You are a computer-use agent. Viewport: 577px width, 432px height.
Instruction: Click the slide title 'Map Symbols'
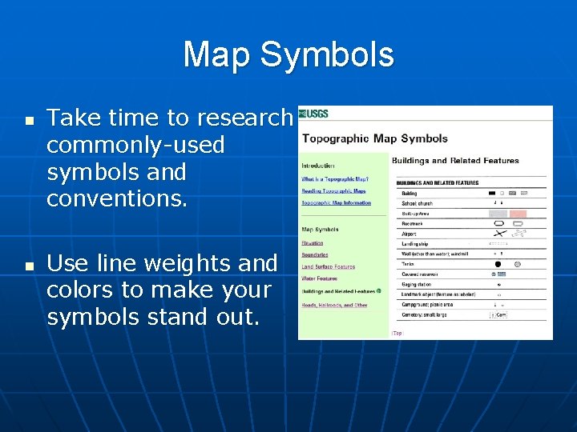click(288, 55)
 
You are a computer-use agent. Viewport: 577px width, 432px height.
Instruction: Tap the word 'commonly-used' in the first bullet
click(135, 146)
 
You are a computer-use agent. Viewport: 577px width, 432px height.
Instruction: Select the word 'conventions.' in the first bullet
click(116, 198)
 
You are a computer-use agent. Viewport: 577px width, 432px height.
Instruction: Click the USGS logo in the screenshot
click(315, 114)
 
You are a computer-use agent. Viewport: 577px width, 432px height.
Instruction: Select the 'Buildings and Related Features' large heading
click(455, 161)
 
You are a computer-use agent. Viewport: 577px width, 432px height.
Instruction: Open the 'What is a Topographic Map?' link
click(335, 179)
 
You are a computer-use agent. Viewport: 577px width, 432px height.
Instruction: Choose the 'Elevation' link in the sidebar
click(313, 242)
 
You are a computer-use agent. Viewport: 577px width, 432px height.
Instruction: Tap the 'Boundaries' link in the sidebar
click(316, 254)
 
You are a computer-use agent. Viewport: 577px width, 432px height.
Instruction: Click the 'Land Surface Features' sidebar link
click(328, 266)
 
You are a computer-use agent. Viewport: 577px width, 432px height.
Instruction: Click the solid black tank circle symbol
click(498, 263)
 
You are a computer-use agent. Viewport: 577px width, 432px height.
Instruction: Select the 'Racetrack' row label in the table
click(413, 223)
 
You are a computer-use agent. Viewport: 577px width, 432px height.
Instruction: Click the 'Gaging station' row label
click(418, 284)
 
